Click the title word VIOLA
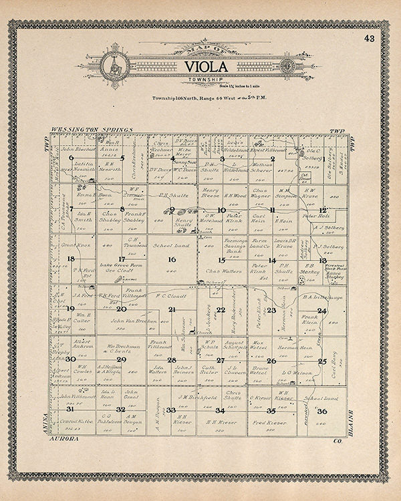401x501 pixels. tap(200, 67)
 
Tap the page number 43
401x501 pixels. tap(370, 38)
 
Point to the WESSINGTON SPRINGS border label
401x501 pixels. tap(92, 129)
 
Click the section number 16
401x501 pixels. tap(172, 260)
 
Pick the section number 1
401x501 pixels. tap(323, 159)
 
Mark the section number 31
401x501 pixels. tap(70, 409)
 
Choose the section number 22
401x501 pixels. tap(221, 310)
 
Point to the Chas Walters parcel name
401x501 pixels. tap(222, 271)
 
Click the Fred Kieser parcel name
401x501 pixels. tap(267, 423)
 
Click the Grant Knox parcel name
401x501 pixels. tap(72, 246)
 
